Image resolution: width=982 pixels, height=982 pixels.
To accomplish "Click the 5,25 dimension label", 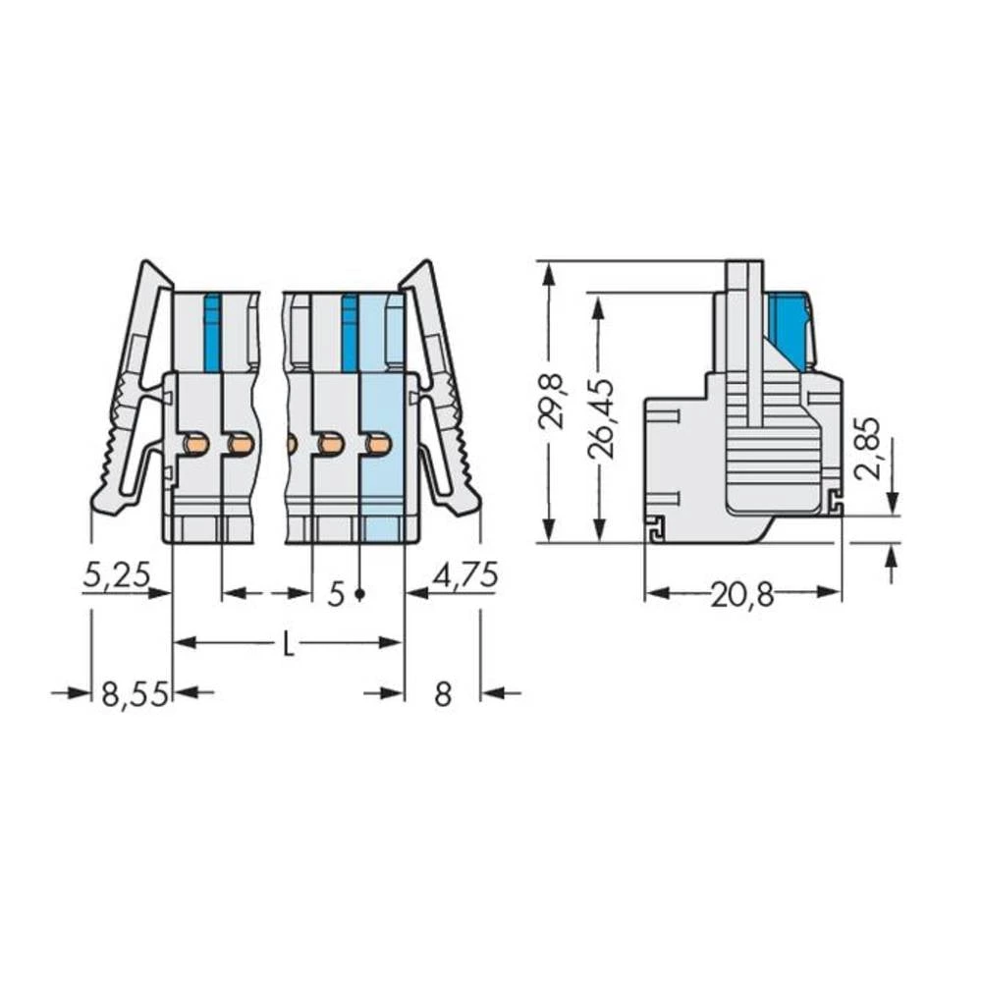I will (x=115, y=574).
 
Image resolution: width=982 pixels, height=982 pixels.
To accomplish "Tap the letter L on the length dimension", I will (x=288, y=644).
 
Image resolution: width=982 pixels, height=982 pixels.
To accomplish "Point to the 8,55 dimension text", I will (x=136, y=695).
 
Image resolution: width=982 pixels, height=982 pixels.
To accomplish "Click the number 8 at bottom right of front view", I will (x=443, y=695).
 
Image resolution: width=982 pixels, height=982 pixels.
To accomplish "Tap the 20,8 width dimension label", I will (x=741, y=594).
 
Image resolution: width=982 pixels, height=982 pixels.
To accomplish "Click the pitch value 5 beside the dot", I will (x=336, y=594).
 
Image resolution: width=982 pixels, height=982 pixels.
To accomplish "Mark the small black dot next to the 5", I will (x=360, y=594).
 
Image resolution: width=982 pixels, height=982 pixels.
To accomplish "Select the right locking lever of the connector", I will (x=442, y=393).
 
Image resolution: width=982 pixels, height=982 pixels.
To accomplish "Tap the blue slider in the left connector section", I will (x=211, y=332).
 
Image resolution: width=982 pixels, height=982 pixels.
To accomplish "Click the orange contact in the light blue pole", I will (x=378, y=445).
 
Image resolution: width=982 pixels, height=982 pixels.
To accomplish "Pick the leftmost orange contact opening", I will (x=196, y=445).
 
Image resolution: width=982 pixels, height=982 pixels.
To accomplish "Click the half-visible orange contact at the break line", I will (x=291, y=445).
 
